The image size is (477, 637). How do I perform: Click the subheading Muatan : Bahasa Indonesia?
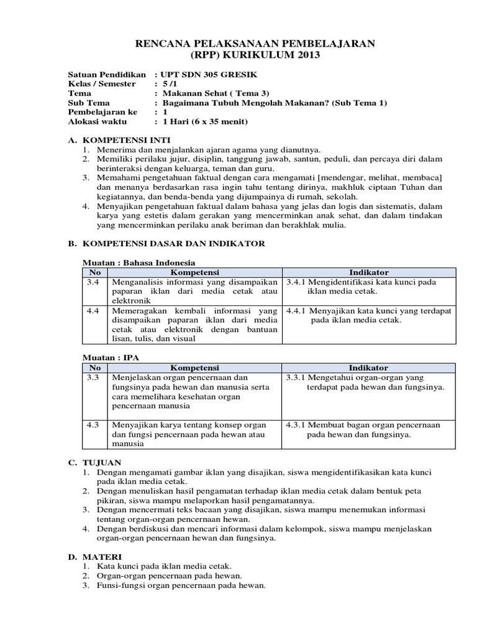(x=140, y=263)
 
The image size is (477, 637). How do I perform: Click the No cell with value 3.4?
(x=94, y=282)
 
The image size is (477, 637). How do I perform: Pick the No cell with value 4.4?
(x=94, y=310)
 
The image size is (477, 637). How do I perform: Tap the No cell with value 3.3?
(x=94, y=378)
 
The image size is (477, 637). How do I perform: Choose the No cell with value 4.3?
(x=94, y=425)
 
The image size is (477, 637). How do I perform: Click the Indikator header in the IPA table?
(x=369, y=368)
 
